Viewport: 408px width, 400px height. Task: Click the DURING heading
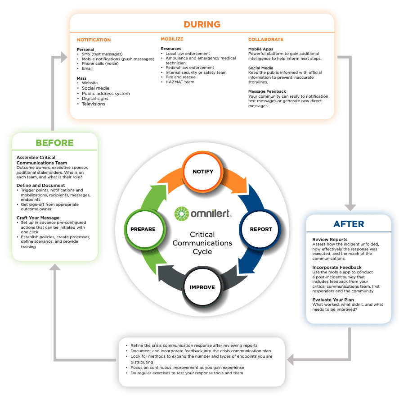[x=202, y=24]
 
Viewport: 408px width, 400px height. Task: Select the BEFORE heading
[x=54, y=143]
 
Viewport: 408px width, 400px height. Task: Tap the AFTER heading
[x=349, y=224]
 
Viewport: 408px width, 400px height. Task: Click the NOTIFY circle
[x=203, y=172]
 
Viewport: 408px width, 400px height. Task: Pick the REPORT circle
[x=260, y=229]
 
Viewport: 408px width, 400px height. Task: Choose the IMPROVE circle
[x=202, y=287]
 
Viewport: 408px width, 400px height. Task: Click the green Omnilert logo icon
[x=181, y=214]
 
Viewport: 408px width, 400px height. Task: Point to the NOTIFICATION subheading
[x=94, y=40]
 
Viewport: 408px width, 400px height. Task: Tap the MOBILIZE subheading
[x=172, y=39]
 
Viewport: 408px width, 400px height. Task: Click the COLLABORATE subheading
[x=266, y=39]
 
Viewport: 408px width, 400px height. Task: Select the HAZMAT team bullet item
[x=180, y=82]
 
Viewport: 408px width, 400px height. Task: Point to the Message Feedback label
[x=267, y=91]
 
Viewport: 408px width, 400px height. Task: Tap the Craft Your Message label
[x=38, y=218]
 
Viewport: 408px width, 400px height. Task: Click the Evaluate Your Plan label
[x=333, y=300]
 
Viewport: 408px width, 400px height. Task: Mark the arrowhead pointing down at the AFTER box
[x=350, y=207]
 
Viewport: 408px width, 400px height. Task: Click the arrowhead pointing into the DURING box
[x=64, y=57]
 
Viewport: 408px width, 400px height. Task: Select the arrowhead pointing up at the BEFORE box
[x=55, y=267]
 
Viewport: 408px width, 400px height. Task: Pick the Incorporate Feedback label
[x=337, y=268]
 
